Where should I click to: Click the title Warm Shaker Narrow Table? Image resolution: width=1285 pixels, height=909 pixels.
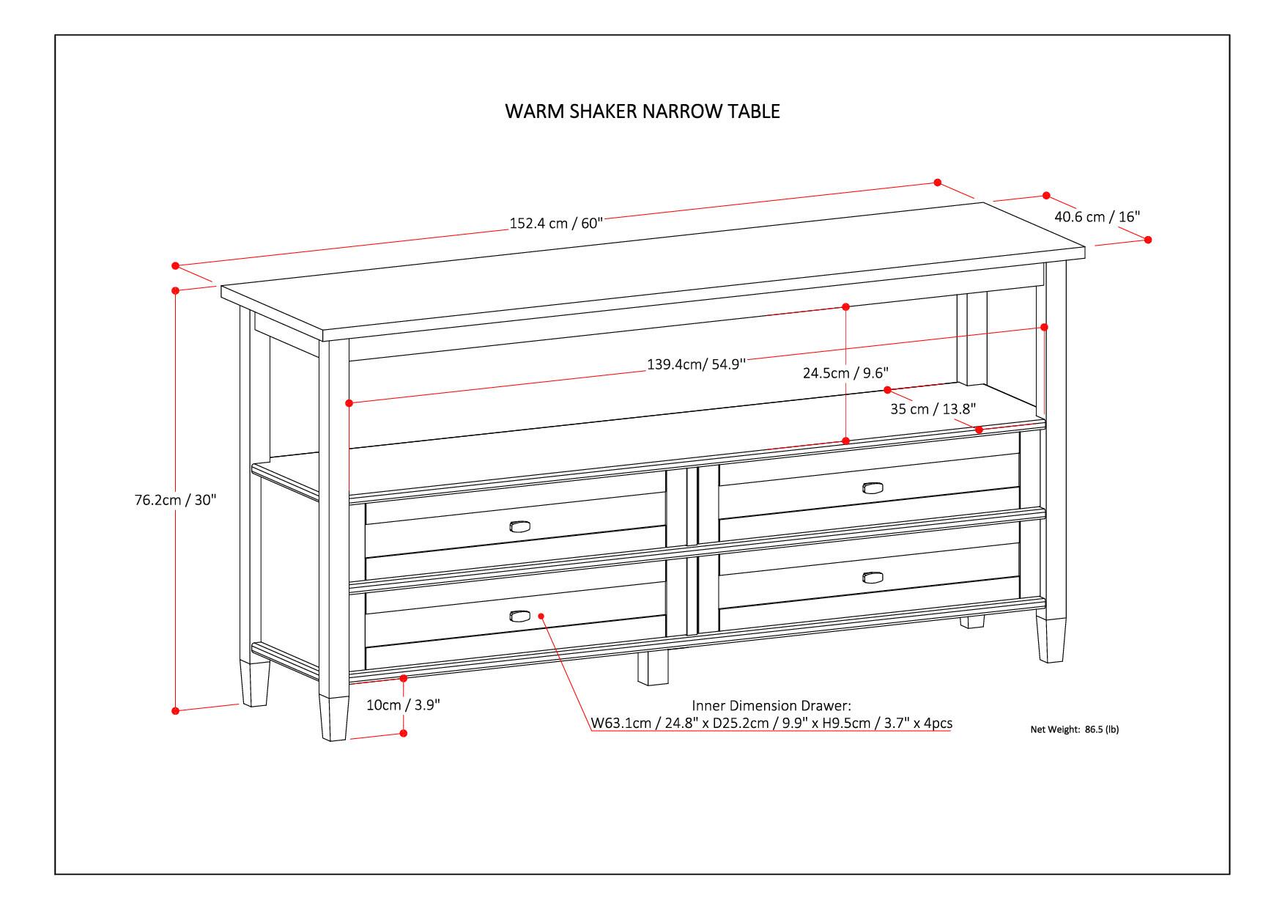(642, 111)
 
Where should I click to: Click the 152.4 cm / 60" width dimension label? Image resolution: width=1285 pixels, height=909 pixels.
(555, 223)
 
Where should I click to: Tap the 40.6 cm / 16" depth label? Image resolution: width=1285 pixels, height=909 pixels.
(1097, 217)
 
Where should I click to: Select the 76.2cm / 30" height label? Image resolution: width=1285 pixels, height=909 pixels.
(175, 500)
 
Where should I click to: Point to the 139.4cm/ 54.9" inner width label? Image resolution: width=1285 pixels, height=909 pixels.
(696, 364)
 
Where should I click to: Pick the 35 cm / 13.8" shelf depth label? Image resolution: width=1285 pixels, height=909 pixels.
(933, 409)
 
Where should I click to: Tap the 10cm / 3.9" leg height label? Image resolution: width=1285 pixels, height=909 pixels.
(403, 705)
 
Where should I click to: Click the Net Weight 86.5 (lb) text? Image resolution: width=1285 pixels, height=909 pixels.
(1074, 729)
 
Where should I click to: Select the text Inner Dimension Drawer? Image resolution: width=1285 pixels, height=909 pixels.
(771, 705)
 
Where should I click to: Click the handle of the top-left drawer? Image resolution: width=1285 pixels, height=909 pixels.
(519, 526)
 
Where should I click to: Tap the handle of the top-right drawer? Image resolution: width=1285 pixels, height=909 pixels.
(873, 488)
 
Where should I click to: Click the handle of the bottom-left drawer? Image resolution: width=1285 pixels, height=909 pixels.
(519, 616)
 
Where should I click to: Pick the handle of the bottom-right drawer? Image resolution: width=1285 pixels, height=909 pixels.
(873, 578)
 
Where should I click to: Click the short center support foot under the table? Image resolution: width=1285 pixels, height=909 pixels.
(652, 669)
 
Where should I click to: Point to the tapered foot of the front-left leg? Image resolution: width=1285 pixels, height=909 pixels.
(333, 718)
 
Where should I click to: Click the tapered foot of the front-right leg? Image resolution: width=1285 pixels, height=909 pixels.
(1050, 640)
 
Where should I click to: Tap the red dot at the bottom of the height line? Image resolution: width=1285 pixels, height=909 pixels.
(175, 710)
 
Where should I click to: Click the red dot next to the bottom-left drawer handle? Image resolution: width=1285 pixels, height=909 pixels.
(541, 616)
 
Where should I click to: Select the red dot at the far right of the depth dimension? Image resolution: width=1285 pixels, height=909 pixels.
(1147, 240)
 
